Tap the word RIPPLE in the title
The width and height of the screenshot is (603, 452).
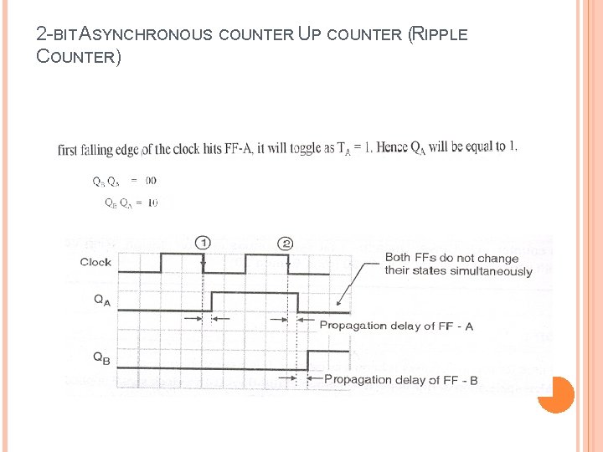(440, 35)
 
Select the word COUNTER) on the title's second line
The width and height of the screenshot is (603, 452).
(79, 58)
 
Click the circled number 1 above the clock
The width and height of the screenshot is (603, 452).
(202, 243)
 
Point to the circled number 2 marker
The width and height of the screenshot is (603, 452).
(286, 243)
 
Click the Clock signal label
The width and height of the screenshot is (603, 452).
(95, 262)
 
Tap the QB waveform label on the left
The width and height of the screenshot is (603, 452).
(100, 357)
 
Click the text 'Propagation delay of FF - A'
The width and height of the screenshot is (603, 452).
(396, 326)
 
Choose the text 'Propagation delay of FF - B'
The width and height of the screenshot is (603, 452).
(400, 379)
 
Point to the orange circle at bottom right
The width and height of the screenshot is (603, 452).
(555, 394)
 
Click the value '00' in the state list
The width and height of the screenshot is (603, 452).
(150, 180)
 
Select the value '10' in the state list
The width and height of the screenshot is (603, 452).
(152, 203)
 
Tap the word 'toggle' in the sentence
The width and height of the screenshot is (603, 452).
(301, 148)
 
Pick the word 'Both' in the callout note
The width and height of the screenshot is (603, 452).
(399, 258)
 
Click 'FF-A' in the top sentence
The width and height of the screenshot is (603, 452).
(241, 149)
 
